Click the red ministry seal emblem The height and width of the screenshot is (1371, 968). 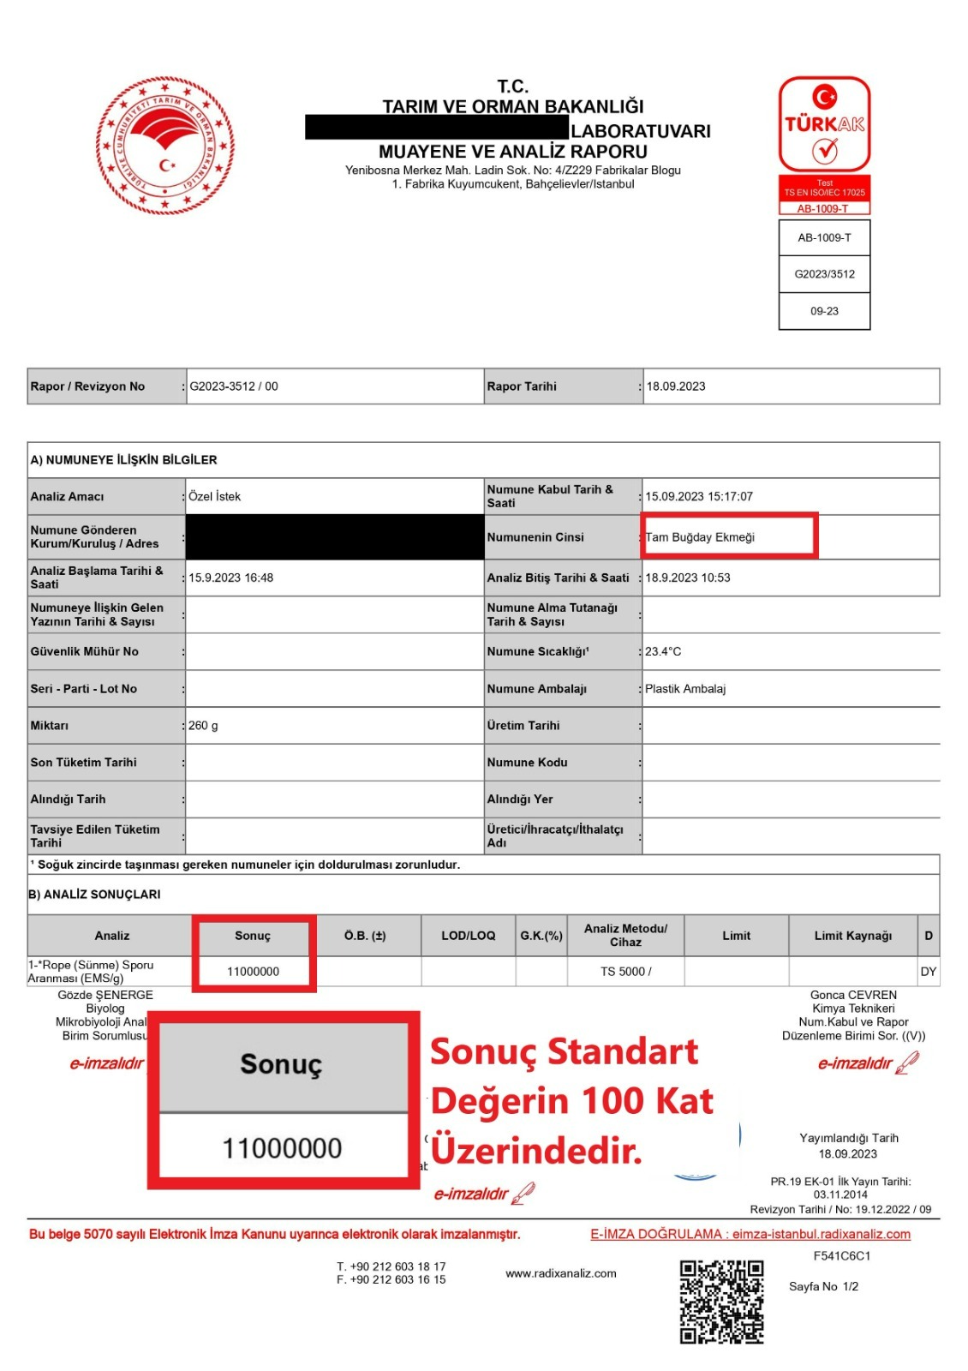pos(164,146)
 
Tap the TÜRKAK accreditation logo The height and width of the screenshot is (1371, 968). pos(824,125)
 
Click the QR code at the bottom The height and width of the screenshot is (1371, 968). pos(721,1302)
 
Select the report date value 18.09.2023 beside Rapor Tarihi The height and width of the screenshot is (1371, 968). pos(676,386)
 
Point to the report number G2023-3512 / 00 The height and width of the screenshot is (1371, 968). pos(234,386)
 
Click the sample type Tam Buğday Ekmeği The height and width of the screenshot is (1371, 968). pos(700,537)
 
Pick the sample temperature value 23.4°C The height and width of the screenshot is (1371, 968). pos(663,651)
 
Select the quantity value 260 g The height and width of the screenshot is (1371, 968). pos(203,726)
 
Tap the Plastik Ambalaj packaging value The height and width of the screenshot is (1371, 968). pos(685,689)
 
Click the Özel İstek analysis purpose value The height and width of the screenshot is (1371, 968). pos(215,496)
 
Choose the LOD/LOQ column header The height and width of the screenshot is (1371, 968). pos(468,936)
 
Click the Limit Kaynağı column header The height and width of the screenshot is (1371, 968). pos(852,936)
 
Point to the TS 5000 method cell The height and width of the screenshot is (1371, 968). pos(625,972)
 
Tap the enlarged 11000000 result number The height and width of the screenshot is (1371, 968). pos(282,1148)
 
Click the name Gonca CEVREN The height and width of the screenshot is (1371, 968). pos(853,995)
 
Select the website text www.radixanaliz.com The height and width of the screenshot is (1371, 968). pos(560,1273)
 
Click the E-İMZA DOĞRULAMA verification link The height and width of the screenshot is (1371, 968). pos(750,1234)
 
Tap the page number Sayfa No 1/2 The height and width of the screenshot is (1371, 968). pos(823,1286)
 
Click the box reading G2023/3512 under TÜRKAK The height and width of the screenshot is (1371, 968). pos(824,274)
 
